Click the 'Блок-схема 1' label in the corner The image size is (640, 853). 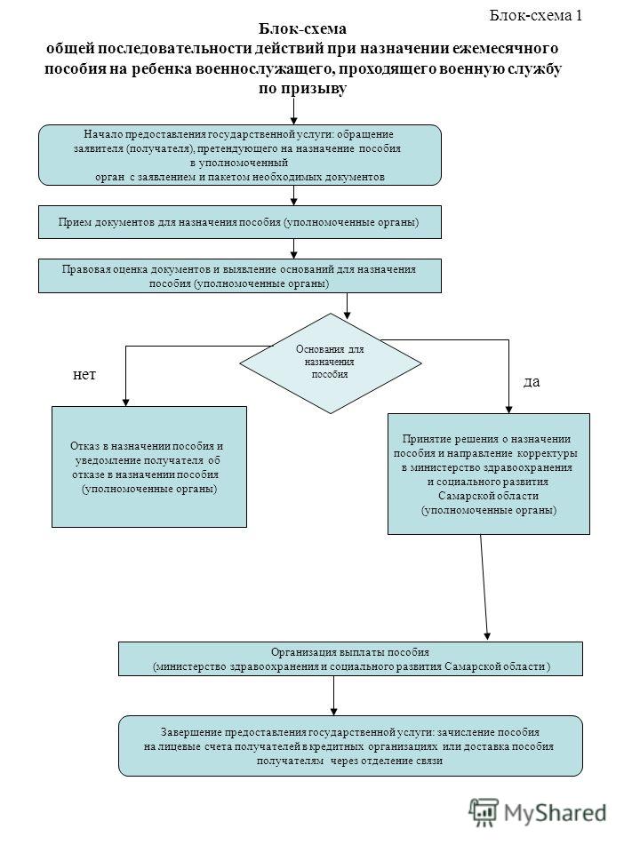[x=535, y=15]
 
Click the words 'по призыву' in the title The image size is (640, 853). [x=302, y=88]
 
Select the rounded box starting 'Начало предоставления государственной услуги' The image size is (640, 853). [x=239, y=155]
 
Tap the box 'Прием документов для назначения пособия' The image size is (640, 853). [x=239, y=222]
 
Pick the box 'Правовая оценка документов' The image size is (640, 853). [x=239, y=275]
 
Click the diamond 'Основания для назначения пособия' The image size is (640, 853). [x=331, y=363]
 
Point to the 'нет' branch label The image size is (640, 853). [x=84, y=374]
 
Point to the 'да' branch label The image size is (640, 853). [x=532, y=382]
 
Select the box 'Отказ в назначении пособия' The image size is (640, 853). [x=149, y=466]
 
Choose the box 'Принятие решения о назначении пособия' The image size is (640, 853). [x=489, y=474]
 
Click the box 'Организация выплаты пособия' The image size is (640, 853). [x=350, y=658]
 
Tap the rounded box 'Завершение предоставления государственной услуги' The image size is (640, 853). [x=350, y=745]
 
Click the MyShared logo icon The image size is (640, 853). [x=484, y=813]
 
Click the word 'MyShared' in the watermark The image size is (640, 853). [x=555, y=813]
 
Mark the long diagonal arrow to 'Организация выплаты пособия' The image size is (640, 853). [x=484, y=587]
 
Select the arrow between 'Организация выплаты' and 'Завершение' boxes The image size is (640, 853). [x=333, y=695]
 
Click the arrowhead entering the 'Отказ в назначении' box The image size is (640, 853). [x=125, y=403]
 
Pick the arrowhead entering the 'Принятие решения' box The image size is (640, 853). [x=508, y=410]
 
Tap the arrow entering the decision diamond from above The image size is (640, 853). [x=348, y=306]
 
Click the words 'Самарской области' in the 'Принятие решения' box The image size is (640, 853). [x=488, y=496]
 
